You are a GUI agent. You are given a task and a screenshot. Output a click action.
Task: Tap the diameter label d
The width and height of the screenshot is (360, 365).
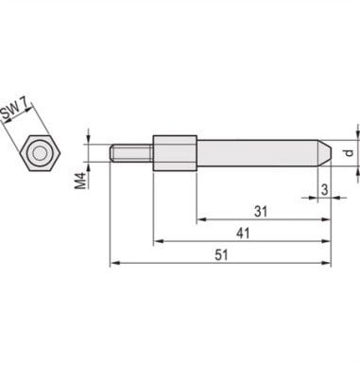348,152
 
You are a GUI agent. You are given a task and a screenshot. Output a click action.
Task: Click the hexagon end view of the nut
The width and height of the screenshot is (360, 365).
39,152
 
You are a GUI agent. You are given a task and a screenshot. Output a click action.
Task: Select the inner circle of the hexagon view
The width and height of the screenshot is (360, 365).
39,152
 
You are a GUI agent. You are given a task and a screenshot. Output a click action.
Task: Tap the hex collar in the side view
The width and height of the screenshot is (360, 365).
175,152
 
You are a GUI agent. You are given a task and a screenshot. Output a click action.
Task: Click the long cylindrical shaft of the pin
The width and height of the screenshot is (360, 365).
255,152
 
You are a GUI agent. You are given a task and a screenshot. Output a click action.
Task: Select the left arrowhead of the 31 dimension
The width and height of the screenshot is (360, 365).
200,219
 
